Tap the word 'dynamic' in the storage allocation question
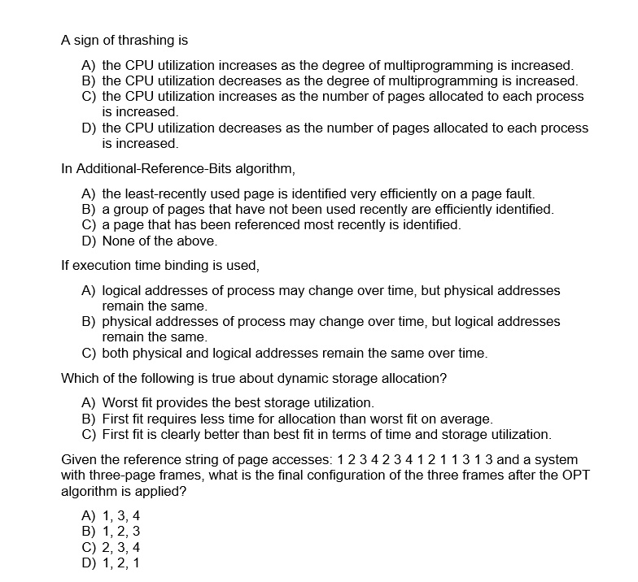[299, 378]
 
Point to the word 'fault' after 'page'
[518, 193]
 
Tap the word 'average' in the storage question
[467, 419]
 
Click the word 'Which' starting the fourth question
[80, 378]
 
